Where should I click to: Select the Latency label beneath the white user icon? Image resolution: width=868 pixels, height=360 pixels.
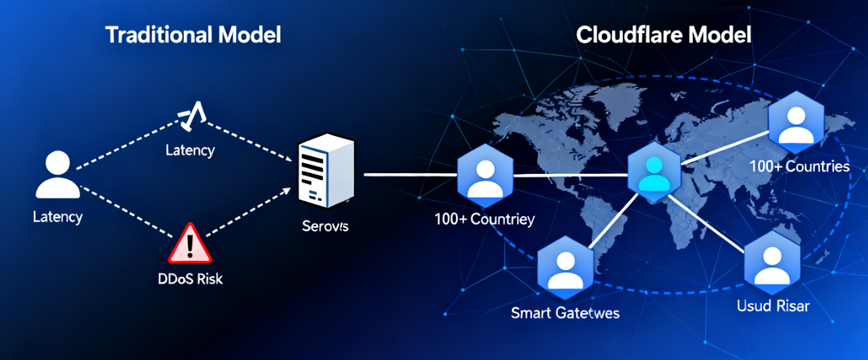click(x=58, y=217)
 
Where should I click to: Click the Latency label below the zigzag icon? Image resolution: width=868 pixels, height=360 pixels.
click(x=190, y=150)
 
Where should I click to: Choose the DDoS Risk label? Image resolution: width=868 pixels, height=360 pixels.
click(x=187, y=278)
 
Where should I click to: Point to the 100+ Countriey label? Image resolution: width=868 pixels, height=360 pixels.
click(x=484, y=220)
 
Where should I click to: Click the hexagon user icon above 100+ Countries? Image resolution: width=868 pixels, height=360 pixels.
click(x=796, y=123)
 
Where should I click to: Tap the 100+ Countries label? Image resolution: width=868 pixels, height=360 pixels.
click(x=800, y=167)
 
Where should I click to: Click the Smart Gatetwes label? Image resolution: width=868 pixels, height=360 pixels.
click(x=565, y=313)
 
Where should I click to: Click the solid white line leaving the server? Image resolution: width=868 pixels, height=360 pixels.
click(x=407, y=175)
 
